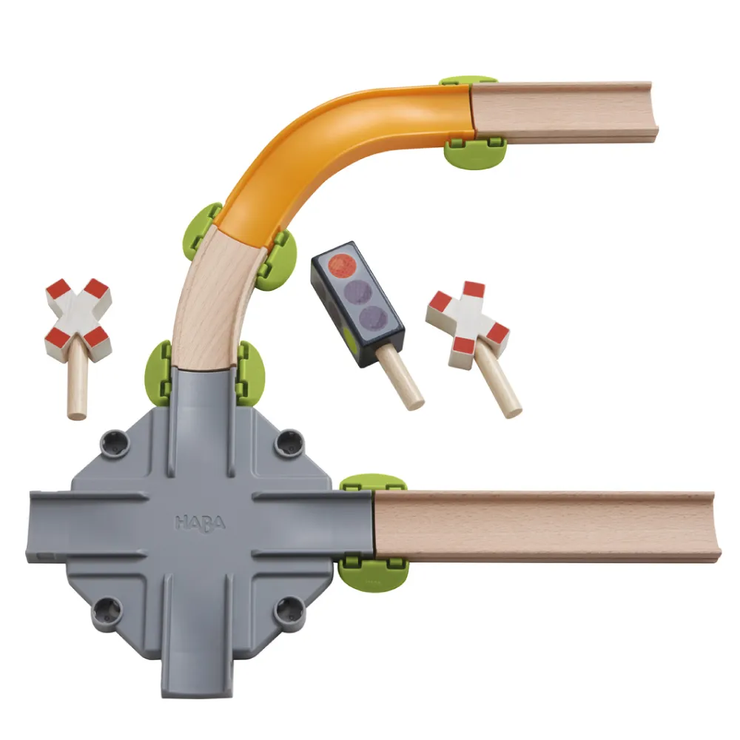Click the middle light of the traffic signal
pos(357,292)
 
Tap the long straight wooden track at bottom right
pos(548,525)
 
